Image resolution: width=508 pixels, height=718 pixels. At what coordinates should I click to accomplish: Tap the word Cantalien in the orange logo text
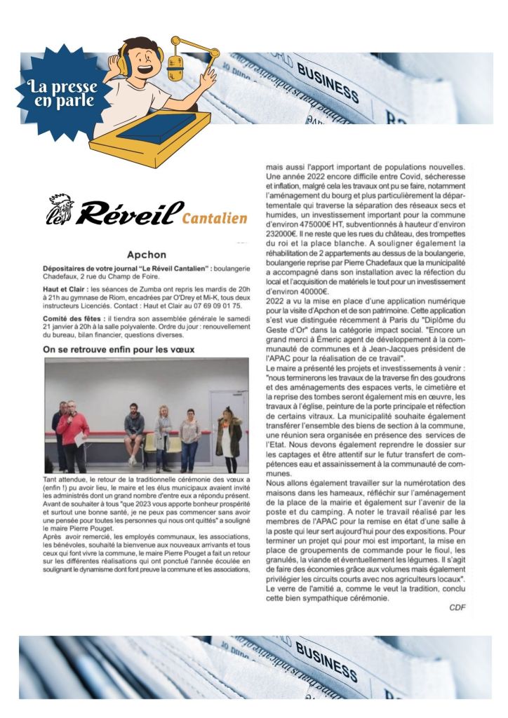215,218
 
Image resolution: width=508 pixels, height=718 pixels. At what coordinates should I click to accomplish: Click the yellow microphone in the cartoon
176,68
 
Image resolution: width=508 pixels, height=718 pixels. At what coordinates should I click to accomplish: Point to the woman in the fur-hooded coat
229,435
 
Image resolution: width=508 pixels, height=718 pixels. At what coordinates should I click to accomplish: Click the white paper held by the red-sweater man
80,440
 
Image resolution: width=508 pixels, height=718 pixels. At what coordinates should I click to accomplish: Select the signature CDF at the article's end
457,607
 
